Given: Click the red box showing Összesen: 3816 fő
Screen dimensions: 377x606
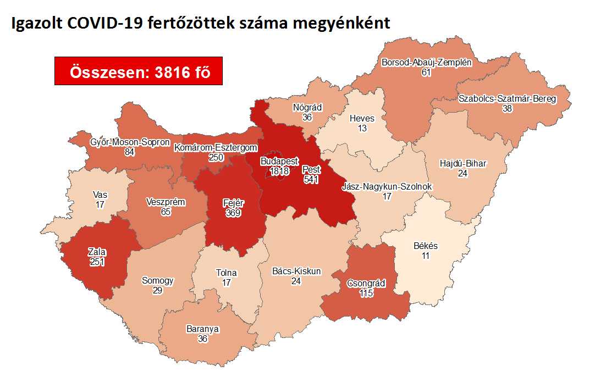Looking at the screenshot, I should (138, 71).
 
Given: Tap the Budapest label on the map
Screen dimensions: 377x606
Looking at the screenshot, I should (279, 162).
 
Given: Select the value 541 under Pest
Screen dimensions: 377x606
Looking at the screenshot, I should (311, 179).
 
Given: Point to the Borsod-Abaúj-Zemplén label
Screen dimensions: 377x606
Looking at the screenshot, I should (427, 62).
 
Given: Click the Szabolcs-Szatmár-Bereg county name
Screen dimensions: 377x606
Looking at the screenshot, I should (507, 99).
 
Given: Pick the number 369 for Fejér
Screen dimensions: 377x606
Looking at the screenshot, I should (234, 213).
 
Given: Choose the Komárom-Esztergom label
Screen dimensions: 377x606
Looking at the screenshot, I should (216, 147).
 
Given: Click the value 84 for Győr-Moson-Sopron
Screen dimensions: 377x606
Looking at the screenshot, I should (130, 152).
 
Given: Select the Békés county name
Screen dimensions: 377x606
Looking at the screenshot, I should (426, 246).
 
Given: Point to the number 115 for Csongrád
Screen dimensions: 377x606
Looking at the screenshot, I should (366, 293).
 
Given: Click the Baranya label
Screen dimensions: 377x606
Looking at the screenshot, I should (202, 329).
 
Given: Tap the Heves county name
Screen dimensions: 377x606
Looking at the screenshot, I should (362, 118).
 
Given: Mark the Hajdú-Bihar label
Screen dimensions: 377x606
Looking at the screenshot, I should (464, 163).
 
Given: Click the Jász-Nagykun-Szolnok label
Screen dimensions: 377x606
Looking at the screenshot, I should (387, 186).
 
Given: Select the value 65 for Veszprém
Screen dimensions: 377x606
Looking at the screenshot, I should (165, 212).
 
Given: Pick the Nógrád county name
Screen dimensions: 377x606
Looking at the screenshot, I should (311, 107).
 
